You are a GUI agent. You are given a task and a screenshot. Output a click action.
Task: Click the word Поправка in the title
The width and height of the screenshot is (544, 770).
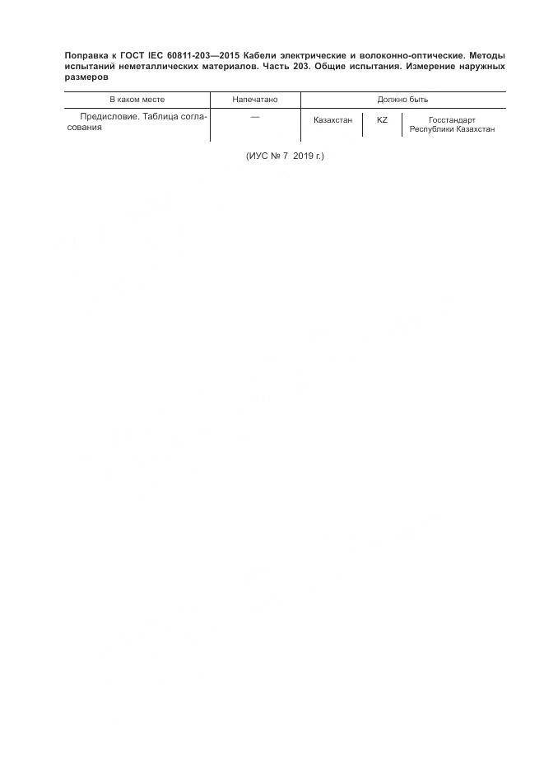(x=86, y=55)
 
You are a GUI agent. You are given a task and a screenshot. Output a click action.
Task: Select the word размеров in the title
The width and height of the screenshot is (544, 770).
(x=86, y=77)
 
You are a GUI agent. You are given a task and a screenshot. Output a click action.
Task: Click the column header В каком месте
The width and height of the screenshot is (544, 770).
(x=137, y=100)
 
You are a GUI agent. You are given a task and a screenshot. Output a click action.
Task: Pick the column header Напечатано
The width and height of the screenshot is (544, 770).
(x=255, y=100)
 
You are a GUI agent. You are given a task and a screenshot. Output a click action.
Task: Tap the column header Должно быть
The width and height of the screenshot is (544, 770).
(x=402, y=100)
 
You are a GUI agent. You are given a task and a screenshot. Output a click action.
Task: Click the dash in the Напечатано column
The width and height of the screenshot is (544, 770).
(x=255, y=117)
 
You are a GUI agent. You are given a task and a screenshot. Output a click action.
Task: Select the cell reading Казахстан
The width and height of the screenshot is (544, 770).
(x=333, y=120)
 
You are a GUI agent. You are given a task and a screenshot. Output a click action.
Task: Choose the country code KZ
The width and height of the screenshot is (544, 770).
(x=382, y=120)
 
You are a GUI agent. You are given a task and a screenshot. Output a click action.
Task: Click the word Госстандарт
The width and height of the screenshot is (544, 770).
(x=453, y=120)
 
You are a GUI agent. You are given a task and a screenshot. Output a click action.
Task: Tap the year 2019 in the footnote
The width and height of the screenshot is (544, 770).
(x=303, y=156)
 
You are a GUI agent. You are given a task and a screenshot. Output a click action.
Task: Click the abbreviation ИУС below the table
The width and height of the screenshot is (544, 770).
(x=258, y=156)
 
